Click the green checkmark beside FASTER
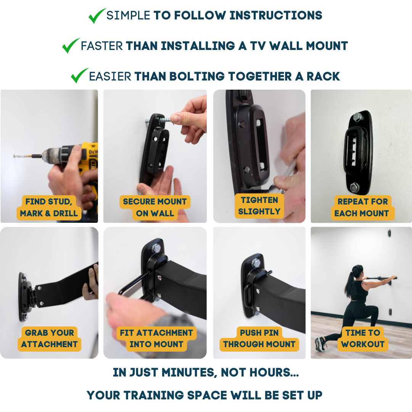[71, 46]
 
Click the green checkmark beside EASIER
[79, 76]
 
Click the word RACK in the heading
[323, 76]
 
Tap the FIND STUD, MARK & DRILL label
[49, 208]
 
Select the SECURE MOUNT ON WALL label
[155, 208]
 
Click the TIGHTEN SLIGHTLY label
[259, 206]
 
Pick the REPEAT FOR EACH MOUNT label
[361, 208]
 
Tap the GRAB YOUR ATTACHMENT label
[49, 338]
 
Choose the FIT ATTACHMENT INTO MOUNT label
[156, 338]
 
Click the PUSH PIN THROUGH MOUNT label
[259, 338]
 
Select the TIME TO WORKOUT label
[363, 338]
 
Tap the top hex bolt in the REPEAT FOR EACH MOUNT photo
[357, 117]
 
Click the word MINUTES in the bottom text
[184, 373]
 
